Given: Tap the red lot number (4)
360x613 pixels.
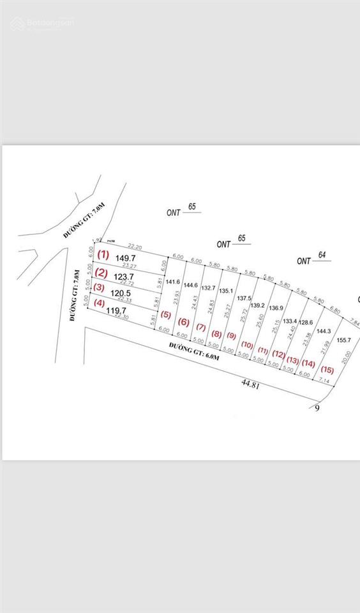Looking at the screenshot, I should pyautogui.click(x=99, y=303).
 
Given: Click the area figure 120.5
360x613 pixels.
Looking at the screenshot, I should pyautogui.click(x=121, y=294).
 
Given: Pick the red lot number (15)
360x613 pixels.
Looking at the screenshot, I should pyautogui.click(x=328, y=370).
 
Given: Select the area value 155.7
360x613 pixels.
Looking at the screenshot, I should pyautogui.click(x=345, y=340).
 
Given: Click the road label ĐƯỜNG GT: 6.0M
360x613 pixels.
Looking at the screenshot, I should pyautogui.click(x=194, y=351).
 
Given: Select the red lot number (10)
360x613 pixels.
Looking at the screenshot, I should pyautogui.click(x=246, y=345).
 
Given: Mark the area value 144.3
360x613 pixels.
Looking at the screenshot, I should pyautogui.click(x=324, y=331).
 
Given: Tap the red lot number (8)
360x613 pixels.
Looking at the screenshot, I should pyautogui.click(x=216, y=333).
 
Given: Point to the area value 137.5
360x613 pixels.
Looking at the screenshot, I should pyautogui.click(x=244, y=298).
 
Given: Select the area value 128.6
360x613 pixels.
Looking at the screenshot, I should pyautogui.click(x=307, y=322).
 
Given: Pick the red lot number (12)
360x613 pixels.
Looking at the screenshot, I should pyautogui.click(x=279, y=353).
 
